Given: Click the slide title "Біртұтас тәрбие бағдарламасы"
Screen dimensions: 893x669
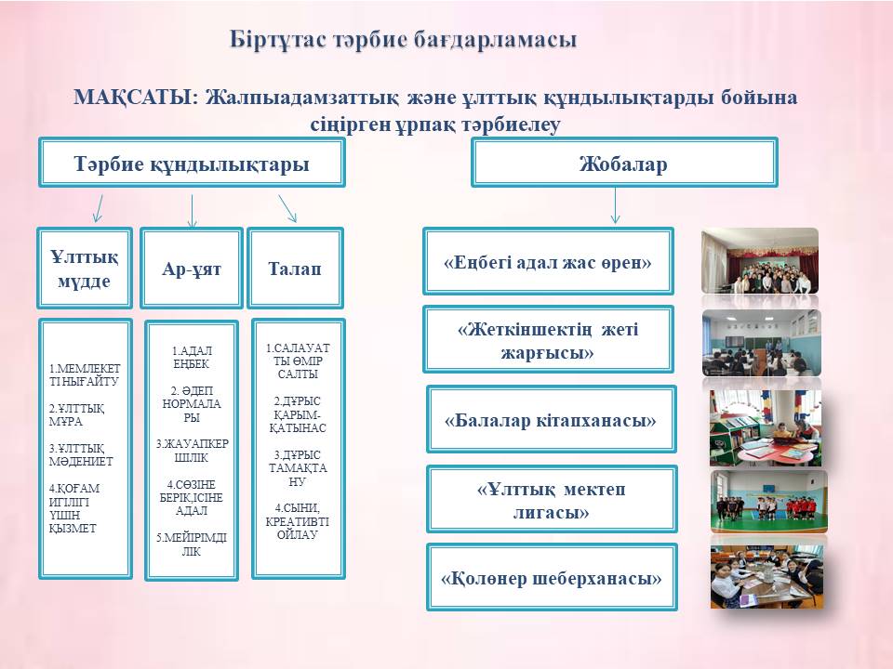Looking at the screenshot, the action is pos(403,40).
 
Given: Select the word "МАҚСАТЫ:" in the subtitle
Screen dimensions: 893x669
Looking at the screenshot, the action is pos(136,98).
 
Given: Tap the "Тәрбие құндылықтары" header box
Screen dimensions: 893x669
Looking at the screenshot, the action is pos(192,163).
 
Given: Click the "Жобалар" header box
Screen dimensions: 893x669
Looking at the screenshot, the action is pos(624,163).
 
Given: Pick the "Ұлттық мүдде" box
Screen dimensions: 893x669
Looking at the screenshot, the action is pos(85,268).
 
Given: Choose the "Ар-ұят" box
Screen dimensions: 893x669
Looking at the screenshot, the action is pos(192,268).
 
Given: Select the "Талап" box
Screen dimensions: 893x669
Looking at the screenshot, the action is pos(295,268).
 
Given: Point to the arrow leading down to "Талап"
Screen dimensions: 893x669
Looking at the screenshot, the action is pos(287,208).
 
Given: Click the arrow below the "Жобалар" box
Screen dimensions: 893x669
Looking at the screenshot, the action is pos(615,205).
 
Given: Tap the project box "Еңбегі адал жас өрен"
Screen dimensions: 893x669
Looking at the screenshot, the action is pos(548,262).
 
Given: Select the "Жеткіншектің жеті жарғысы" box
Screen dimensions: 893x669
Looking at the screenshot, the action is pos(548,340).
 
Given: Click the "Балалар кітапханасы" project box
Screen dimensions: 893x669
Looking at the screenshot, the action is pos(551,419).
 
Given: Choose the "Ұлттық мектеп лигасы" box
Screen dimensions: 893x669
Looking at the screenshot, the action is pos(552,499).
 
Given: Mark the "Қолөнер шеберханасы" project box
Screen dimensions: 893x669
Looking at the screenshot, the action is pos(552,577).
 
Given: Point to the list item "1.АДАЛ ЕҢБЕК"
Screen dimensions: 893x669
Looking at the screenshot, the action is pos(192,357).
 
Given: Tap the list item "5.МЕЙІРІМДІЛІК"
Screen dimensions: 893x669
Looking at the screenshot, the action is pos(192,544).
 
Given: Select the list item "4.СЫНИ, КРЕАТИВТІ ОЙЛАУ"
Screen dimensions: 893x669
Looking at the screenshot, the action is pos(298,521).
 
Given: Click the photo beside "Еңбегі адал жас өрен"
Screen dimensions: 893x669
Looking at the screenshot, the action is pos(760,261).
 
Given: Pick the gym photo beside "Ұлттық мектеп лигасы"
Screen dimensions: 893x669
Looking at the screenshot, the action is pos(769,502).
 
